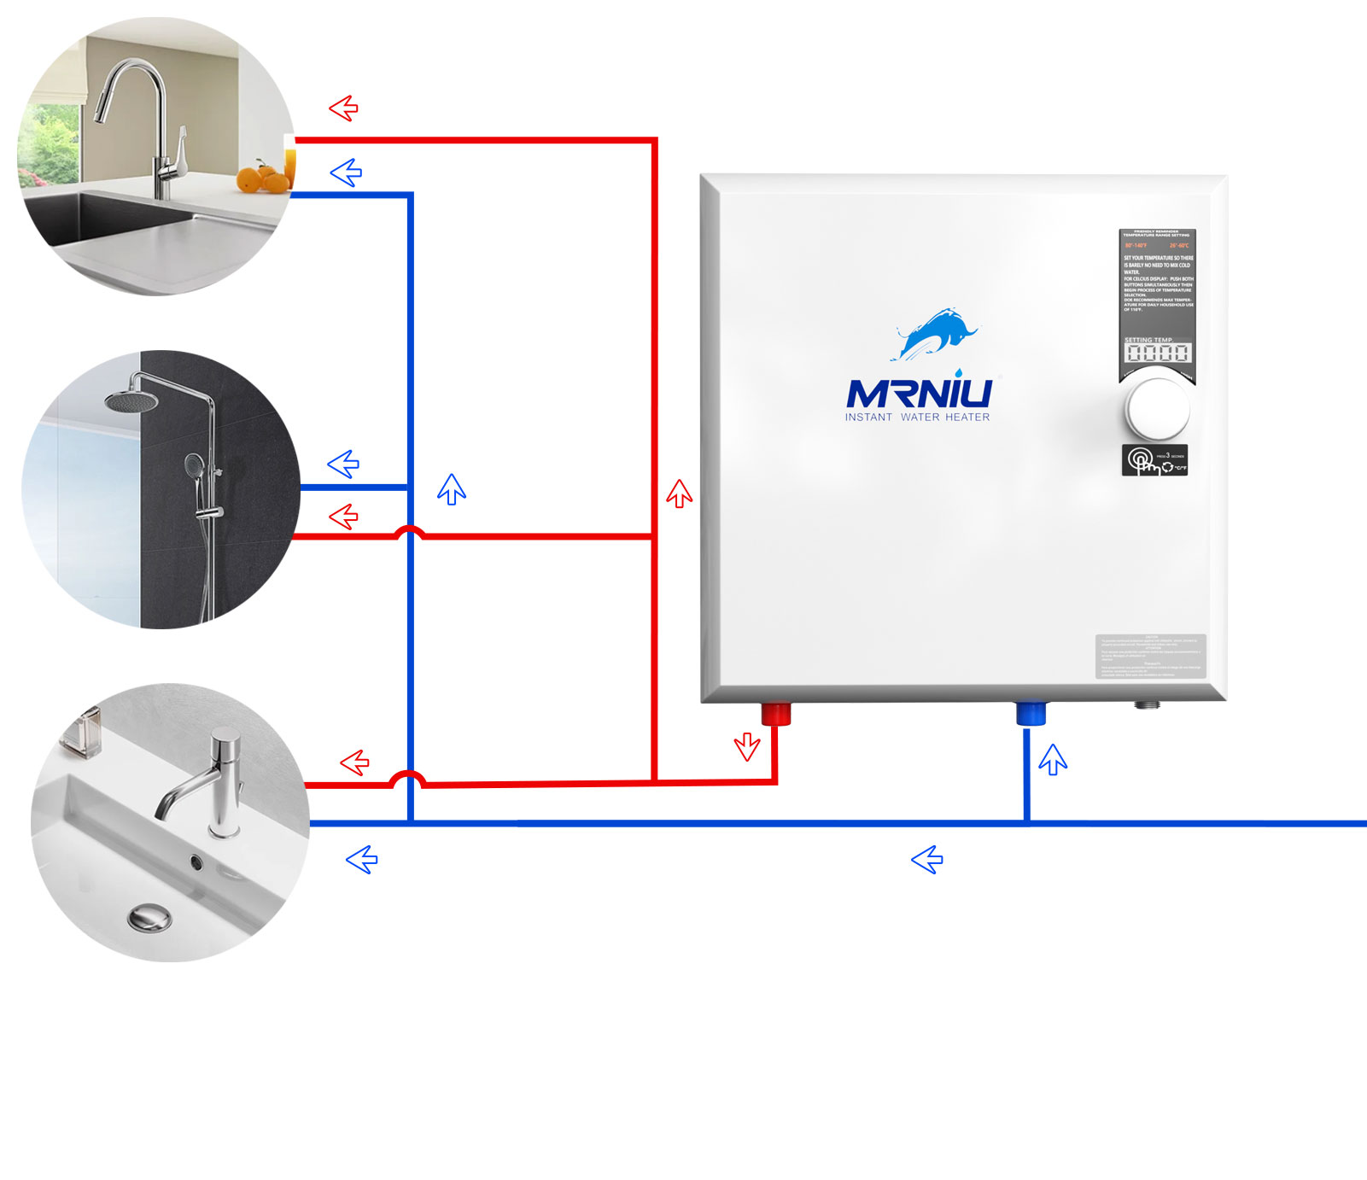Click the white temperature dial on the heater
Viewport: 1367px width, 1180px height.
(x=1157, y=408)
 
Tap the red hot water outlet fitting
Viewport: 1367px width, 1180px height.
(x=775, y=713)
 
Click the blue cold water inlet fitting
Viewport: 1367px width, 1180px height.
(x=1031, y=713)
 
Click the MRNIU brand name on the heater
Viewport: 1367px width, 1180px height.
(x=919, y=393)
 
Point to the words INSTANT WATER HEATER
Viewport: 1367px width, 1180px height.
(x=917, y=418)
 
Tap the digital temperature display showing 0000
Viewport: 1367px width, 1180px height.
(x=1157, y=353)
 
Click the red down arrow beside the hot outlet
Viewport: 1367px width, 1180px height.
(x=747, y=746)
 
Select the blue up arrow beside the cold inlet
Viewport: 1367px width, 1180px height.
(x=1053, y=758)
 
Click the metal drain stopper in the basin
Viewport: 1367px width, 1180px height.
(x=149, y=918)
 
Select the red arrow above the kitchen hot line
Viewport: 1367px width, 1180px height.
(x=343, y=108)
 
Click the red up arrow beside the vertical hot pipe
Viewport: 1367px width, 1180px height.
(x=679, y=493)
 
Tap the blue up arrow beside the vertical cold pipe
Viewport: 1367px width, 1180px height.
(x=451, y=488)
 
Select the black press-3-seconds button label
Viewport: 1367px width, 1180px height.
(x=1154, y=460)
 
